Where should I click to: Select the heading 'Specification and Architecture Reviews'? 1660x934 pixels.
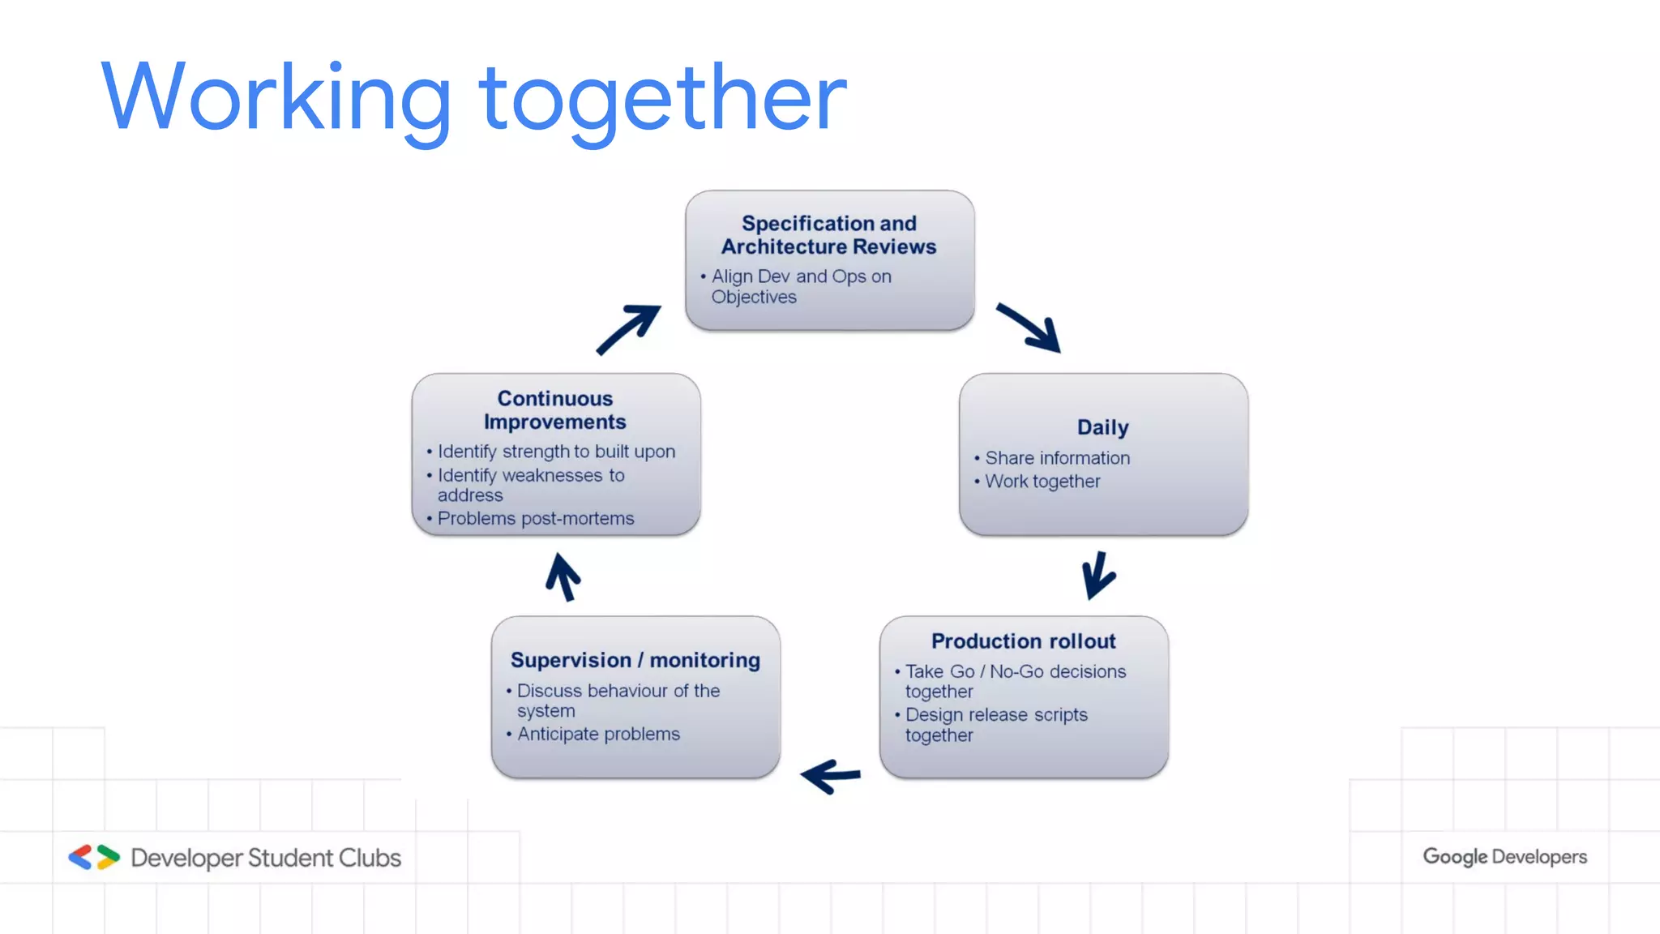828,235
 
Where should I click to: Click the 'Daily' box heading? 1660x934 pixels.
1102,427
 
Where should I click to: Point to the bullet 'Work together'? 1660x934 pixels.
1042,482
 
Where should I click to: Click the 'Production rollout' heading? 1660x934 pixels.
1023,641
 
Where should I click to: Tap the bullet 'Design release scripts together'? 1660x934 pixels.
995,725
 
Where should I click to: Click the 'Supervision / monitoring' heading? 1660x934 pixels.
635,661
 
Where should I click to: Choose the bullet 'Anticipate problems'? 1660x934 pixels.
598,734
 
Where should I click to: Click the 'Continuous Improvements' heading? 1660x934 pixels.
555,410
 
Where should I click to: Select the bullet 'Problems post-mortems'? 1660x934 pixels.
536,519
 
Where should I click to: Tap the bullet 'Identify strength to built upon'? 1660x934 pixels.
556,452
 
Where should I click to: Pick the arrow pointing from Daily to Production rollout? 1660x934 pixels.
1097,575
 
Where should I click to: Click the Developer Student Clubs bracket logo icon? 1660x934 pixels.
94,857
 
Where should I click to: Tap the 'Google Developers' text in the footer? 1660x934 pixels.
1504,857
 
